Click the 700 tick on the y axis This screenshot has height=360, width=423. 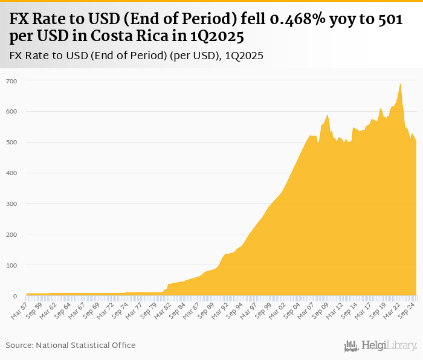click(12, 81)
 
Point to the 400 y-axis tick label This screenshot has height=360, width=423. click(12, 173)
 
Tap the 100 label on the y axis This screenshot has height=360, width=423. click(12, 265)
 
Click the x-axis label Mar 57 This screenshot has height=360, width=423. click(19, 309)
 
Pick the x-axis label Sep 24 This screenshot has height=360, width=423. click(408, 309)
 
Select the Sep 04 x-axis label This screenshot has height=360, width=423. click(293, 309)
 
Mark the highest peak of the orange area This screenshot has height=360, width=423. click(400, 84)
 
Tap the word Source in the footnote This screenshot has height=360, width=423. click(19, 345)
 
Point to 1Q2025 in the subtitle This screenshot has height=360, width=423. click(244, 56)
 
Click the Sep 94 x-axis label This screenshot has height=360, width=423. click(236, 309)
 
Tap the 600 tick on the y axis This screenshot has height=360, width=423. click(12, 112)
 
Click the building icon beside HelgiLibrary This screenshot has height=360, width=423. click(351, 346)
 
